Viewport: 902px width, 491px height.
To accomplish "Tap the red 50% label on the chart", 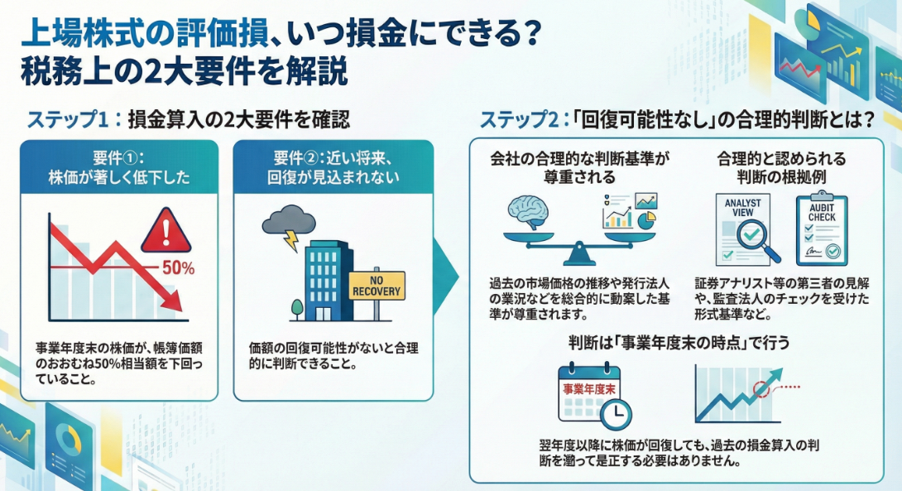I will tap(178, 268).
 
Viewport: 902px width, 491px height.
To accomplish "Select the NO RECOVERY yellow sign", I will tap(377, 285).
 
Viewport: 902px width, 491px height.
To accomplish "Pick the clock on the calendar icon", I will tap(615, 412).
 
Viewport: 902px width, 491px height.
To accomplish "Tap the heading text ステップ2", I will tap(519, 119).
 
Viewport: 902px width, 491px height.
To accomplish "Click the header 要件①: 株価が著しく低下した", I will tap(118, 167).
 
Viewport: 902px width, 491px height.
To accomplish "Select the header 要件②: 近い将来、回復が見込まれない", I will tap(333, 167).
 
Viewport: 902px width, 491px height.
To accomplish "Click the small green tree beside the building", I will tap(296, 309).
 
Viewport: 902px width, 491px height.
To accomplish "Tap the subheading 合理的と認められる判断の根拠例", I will tap(781, 168).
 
